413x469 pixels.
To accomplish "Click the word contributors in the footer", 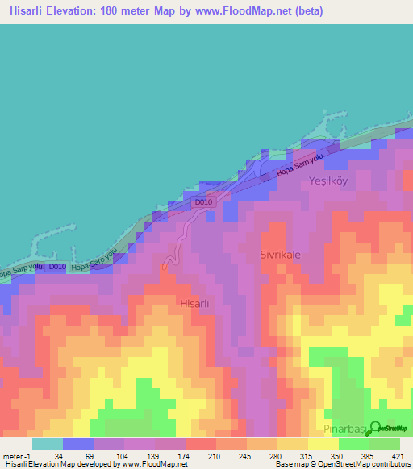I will pos(392,464).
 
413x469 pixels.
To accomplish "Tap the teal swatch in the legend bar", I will pos(47,444).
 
